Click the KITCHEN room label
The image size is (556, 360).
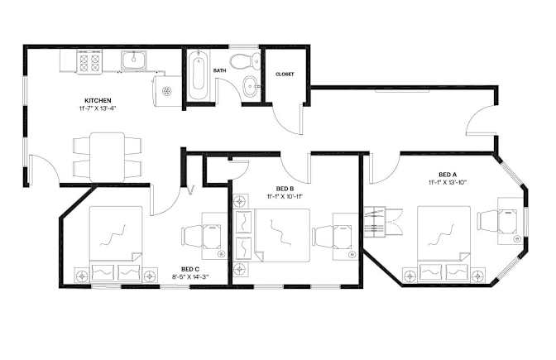click(x=98, y=101)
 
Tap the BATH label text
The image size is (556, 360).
click(x=219, y=70)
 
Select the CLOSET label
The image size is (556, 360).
click(x=285, y=74)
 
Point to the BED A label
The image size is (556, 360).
click(x=448, y=175)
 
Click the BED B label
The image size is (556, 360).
click(x=285, y=189)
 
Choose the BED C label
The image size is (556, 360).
click(x=190, y=270)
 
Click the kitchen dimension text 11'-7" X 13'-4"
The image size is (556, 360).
click(x=98, y=108)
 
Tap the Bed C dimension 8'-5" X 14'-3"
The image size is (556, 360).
click(x=190, y=277)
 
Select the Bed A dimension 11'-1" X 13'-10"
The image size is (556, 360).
click(x=448, y=182)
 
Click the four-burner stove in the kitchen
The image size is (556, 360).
click(x=89, y=62)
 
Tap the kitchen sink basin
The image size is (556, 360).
click(x=134, y=60)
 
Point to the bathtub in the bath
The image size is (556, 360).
click(x=198, y=75)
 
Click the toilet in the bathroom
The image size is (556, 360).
click(x=246, y=60)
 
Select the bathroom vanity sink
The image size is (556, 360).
click(x=252, y=86)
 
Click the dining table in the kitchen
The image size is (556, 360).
click(x=107, y=157)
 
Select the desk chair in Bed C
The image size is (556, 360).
click(x=191, y=237)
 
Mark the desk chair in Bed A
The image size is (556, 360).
click(x=487, y=221)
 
